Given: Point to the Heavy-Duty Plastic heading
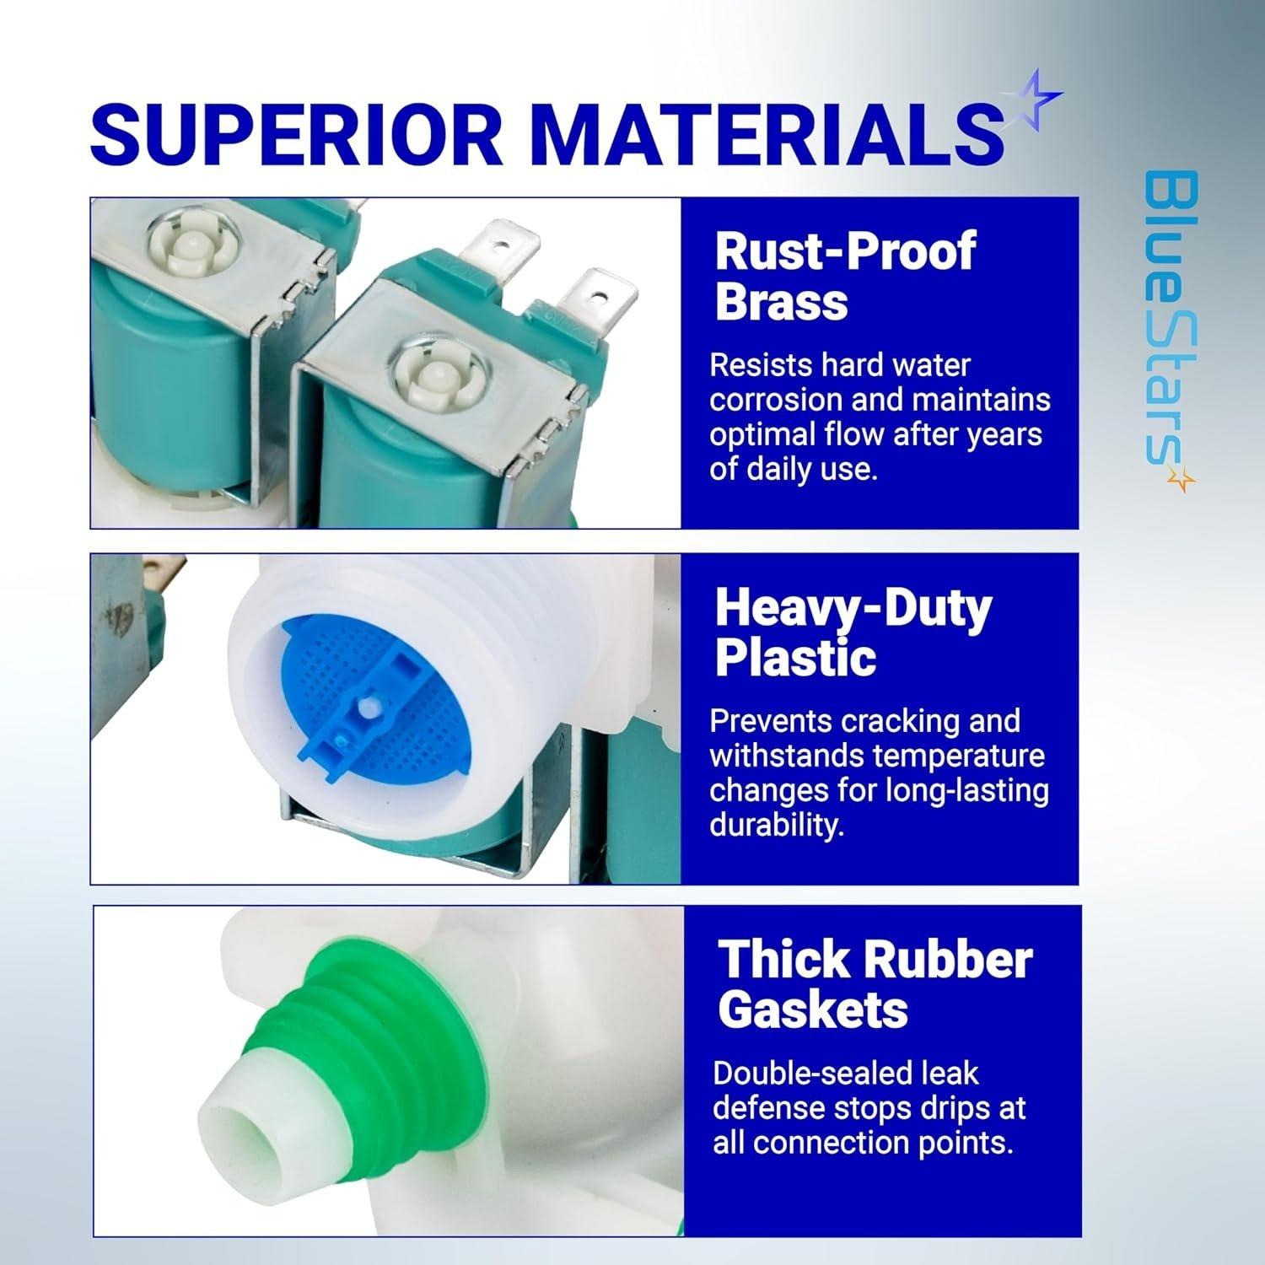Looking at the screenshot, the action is (x=853, y=632).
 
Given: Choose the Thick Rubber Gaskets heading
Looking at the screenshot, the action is (x=875, y=984).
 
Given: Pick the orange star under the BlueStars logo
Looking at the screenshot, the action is (x=1183, y=480).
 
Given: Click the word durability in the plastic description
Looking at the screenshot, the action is (x=777, y=825).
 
